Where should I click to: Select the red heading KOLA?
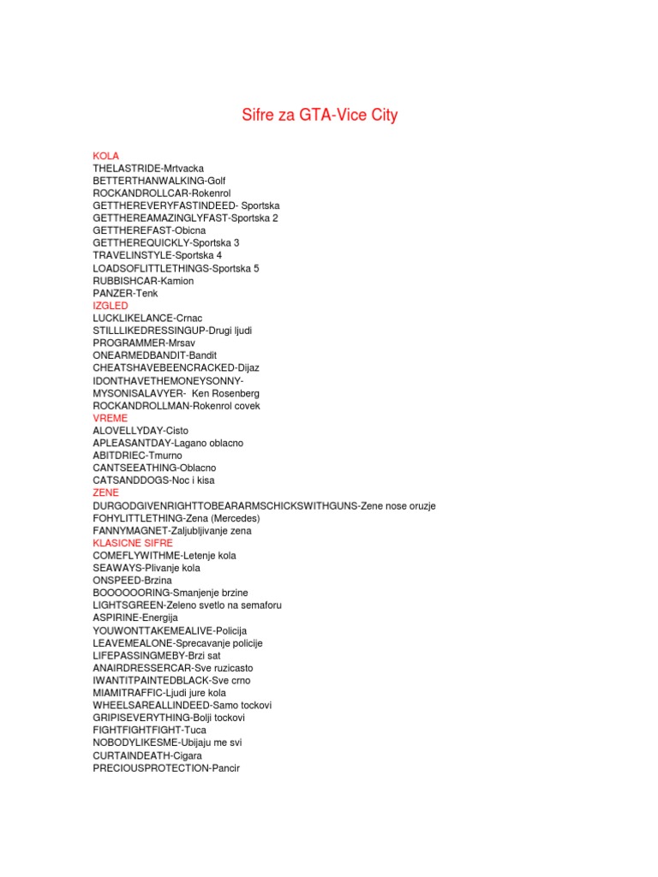(x=106, y=156)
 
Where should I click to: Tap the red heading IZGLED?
(x=111, y=306)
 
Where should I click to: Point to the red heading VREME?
(x=111, y=418)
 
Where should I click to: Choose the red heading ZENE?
(x=106, y=493)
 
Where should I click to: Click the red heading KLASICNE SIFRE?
(x=133, y=543)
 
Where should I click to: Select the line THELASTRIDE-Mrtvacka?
(x=148, y=169)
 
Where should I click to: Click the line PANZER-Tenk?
(x=126, y=293)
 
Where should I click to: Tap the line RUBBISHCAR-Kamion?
(x=143, y=281)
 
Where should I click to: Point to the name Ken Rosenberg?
(x=225, y=393)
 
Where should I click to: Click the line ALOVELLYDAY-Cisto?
(x=141, y=431)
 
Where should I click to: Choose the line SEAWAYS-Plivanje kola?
(x=147, y=568)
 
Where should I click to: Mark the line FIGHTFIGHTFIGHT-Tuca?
(x=149, y=731)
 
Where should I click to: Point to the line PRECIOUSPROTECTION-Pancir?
(x=167, y=768)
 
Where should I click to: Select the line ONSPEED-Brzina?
(x=132, y=581)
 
